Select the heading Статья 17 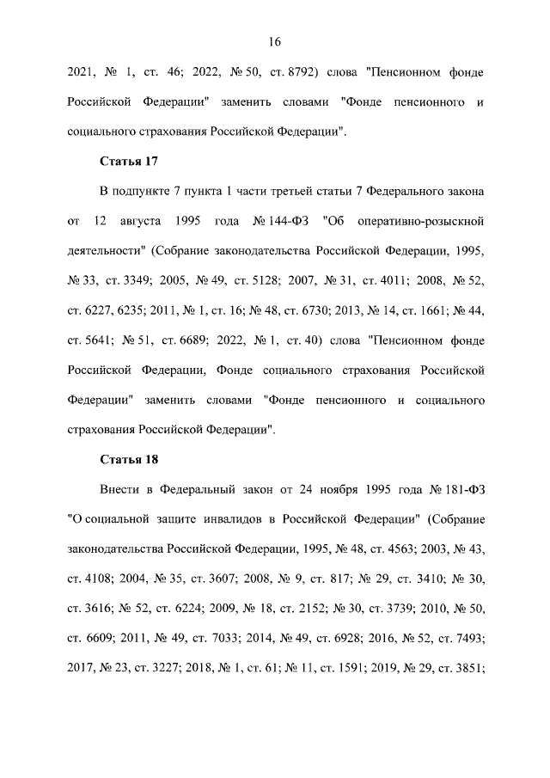tap(128, 160)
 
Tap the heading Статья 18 tap(128, 458)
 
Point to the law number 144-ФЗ tap(280, 220)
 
